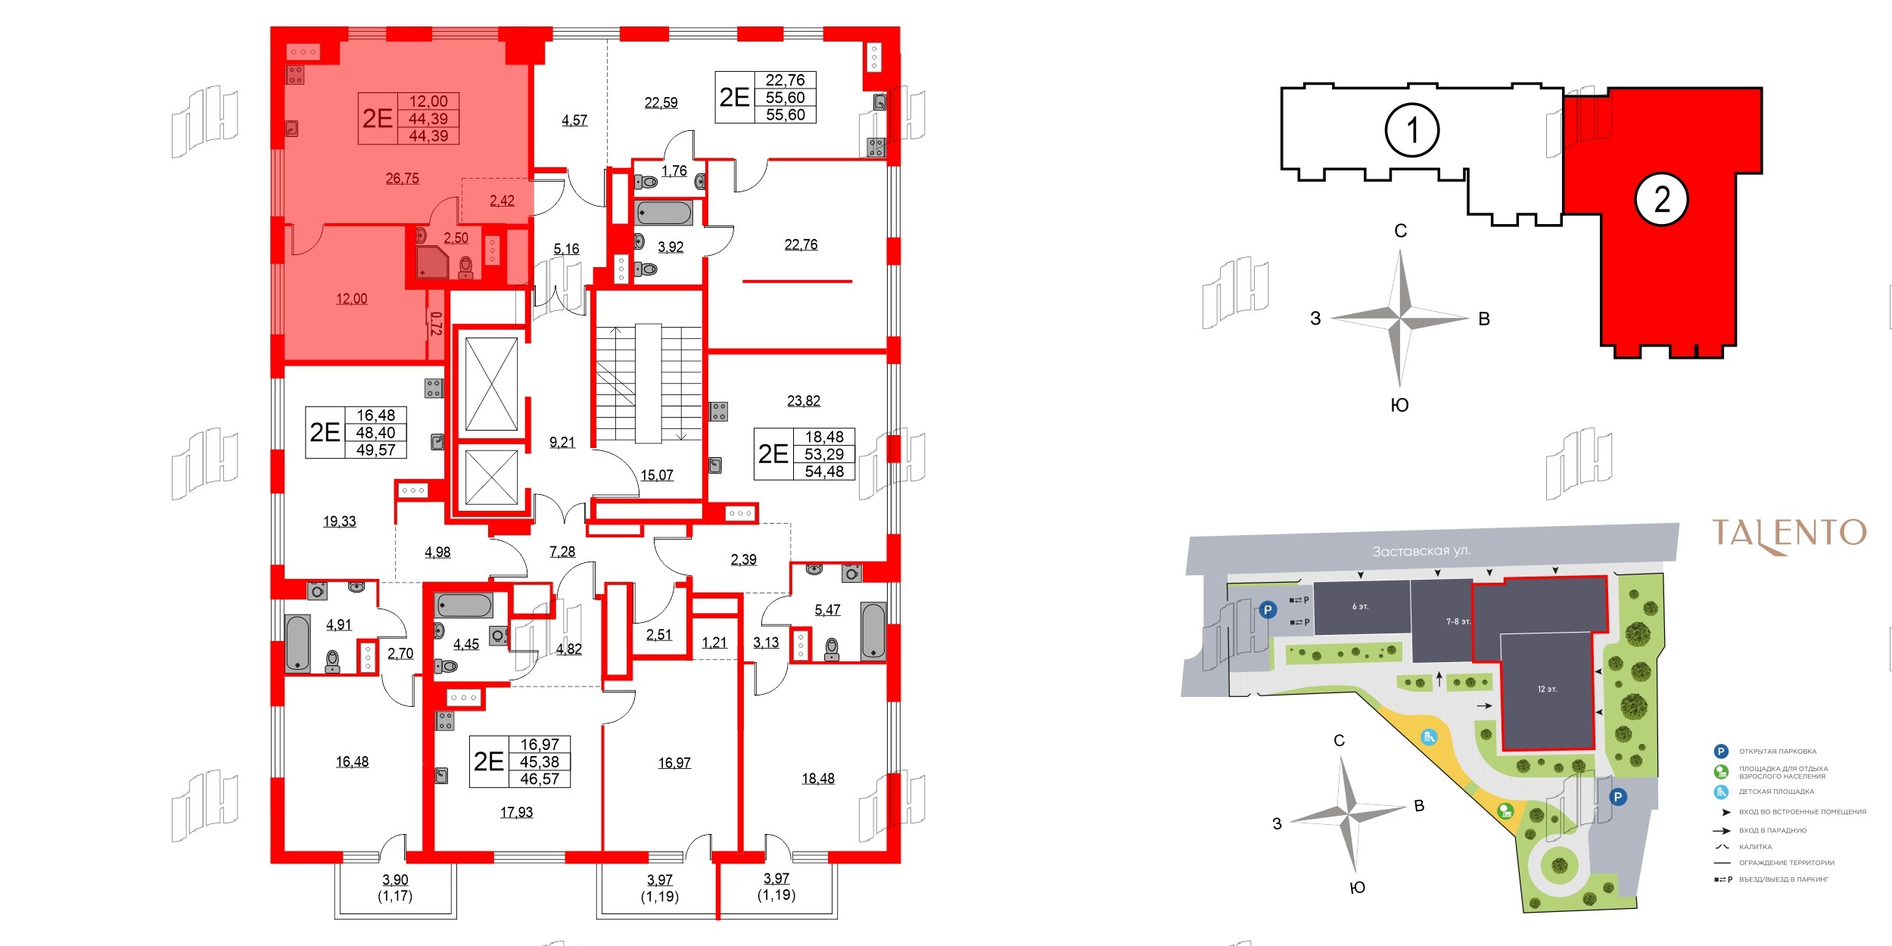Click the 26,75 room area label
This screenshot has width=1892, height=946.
(402, 179)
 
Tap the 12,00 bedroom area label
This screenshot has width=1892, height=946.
(352, 299)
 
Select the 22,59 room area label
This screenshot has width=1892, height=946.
(661, 103)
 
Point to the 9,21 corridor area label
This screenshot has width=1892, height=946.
(562, 443)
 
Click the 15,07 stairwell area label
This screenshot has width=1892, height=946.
(657, 475)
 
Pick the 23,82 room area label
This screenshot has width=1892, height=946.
(804, 401)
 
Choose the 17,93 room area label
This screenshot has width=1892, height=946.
(516, 812)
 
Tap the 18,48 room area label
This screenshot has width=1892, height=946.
(818, 778)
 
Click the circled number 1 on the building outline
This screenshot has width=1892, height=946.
(1411, 130)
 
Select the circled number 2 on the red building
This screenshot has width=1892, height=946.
(1661, 200)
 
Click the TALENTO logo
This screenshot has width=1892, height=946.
(1789, 534)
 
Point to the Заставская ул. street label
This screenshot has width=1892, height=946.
(1422, 551)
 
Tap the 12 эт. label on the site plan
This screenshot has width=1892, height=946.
(1547, 689)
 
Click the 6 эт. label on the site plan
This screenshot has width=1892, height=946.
(1360, 607)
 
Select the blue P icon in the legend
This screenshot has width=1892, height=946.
(1721, 752)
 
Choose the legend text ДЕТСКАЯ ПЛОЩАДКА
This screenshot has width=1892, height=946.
(1776, 792)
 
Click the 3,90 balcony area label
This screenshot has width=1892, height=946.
(395, 880)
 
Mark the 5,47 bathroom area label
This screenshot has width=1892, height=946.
(827, 610)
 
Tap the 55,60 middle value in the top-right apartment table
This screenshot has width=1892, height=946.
(785, 98)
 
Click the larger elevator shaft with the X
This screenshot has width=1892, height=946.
(491, 384)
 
